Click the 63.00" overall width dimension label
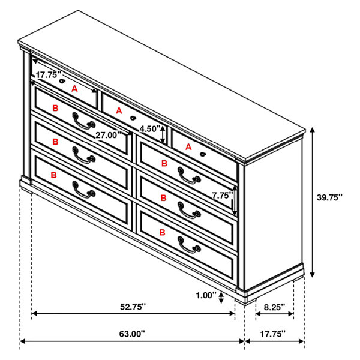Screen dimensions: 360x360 (132, 334)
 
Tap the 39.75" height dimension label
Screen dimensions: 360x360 (329, 197)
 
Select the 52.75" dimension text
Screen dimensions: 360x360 (133, 307)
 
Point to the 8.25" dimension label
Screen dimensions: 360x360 (274, 307)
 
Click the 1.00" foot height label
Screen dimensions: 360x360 (206, 295)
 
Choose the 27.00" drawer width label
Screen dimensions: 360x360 (108, 135)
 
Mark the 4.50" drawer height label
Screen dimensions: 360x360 (150, 129)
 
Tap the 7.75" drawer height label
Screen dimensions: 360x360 (222, 196)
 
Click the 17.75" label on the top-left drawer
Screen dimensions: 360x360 (49, 74)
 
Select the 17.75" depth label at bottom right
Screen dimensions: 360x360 (272, 334)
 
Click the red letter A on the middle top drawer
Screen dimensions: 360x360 (119, 111)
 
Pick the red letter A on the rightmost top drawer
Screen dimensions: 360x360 (188, 147)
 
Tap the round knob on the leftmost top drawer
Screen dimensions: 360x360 (62, 81)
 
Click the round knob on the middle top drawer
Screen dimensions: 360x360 (133, 118)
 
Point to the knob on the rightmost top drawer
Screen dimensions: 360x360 (202, 154)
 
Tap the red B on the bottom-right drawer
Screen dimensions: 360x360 (162, 232)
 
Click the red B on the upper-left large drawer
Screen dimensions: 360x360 (55, 108)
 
